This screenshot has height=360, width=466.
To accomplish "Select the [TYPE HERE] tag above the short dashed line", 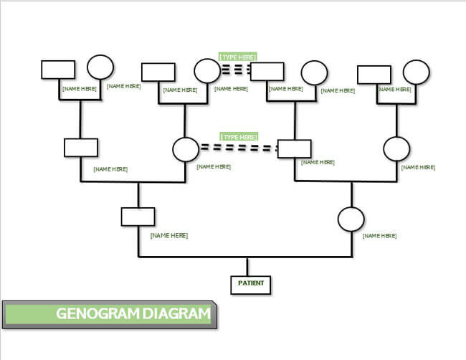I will pyautogui.click(x=238, y=57).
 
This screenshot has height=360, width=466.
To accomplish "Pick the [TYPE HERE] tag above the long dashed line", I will pyautogui.click(x=239, y=136).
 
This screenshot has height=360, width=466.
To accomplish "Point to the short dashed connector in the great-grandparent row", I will pyautogui.click(x=236, y=70).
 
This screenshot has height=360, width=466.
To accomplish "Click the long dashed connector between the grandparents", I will pyautogui.click(x=239, y=148).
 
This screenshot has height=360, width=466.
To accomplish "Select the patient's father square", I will pyautogui.click(x=138, y=217).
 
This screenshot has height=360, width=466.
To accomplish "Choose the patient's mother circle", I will pyautogui.click(x=351, y=219).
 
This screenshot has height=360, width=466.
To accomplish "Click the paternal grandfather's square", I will pyautogui.click(x=81, y=147).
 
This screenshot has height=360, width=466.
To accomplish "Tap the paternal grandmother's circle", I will pyautogui.click(x=186, y=149).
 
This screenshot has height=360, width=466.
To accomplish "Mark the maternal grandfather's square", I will pyautogui.click(x=294, y=148).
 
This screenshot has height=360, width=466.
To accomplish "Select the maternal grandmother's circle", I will pyautogui.click(x=396, y=149).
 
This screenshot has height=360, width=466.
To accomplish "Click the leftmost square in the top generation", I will pyautogui.click(x=58, y=69).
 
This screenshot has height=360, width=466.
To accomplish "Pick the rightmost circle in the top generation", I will pyautogui.click(x=416, y=72).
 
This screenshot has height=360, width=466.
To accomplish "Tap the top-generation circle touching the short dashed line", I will pyautogui.click(x=207, y=70).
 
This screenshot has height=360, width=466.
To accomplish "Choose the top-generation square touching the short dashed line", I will pyautogui.click(x=268, y=70).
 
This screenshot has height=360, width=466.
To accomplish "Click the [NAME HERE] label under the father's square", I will pyautogui.click(x=169, y=235).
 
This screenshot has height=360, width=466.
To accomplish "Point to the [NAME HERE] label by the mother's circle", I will pyautogui.click(x=379, y=235).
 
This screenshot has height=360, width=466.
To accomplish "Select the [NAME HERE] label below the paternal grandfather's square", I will pyautogui.click(x=110, y=169).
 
